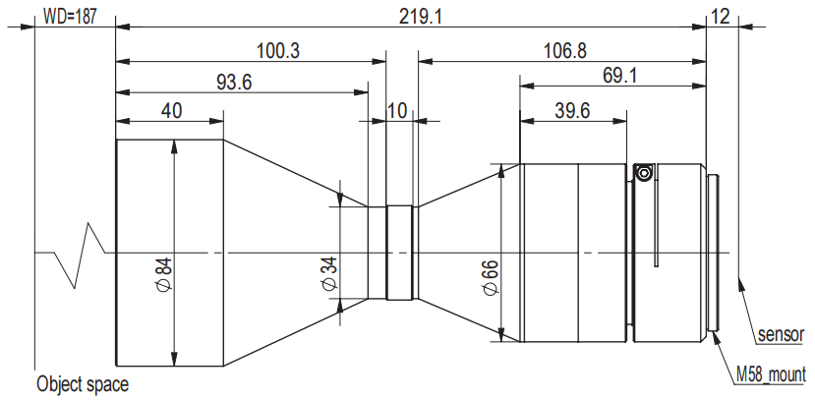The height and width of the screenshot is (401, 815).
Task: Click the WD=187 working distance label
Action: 69,17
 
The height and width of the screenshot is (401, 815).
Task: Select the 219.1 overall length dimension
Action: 420,17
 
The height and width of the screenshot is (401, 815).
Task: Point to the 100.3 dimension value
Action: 278,51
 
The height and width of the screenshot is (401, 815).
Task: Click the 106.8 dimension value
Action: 565,51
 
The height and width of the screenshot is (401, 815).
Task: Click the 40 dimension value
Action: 171,111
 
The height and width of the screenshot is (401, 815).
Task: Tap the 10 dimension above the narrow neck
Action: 398,111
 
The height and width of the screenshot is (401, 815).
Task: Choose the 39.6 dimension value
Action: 572,110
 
